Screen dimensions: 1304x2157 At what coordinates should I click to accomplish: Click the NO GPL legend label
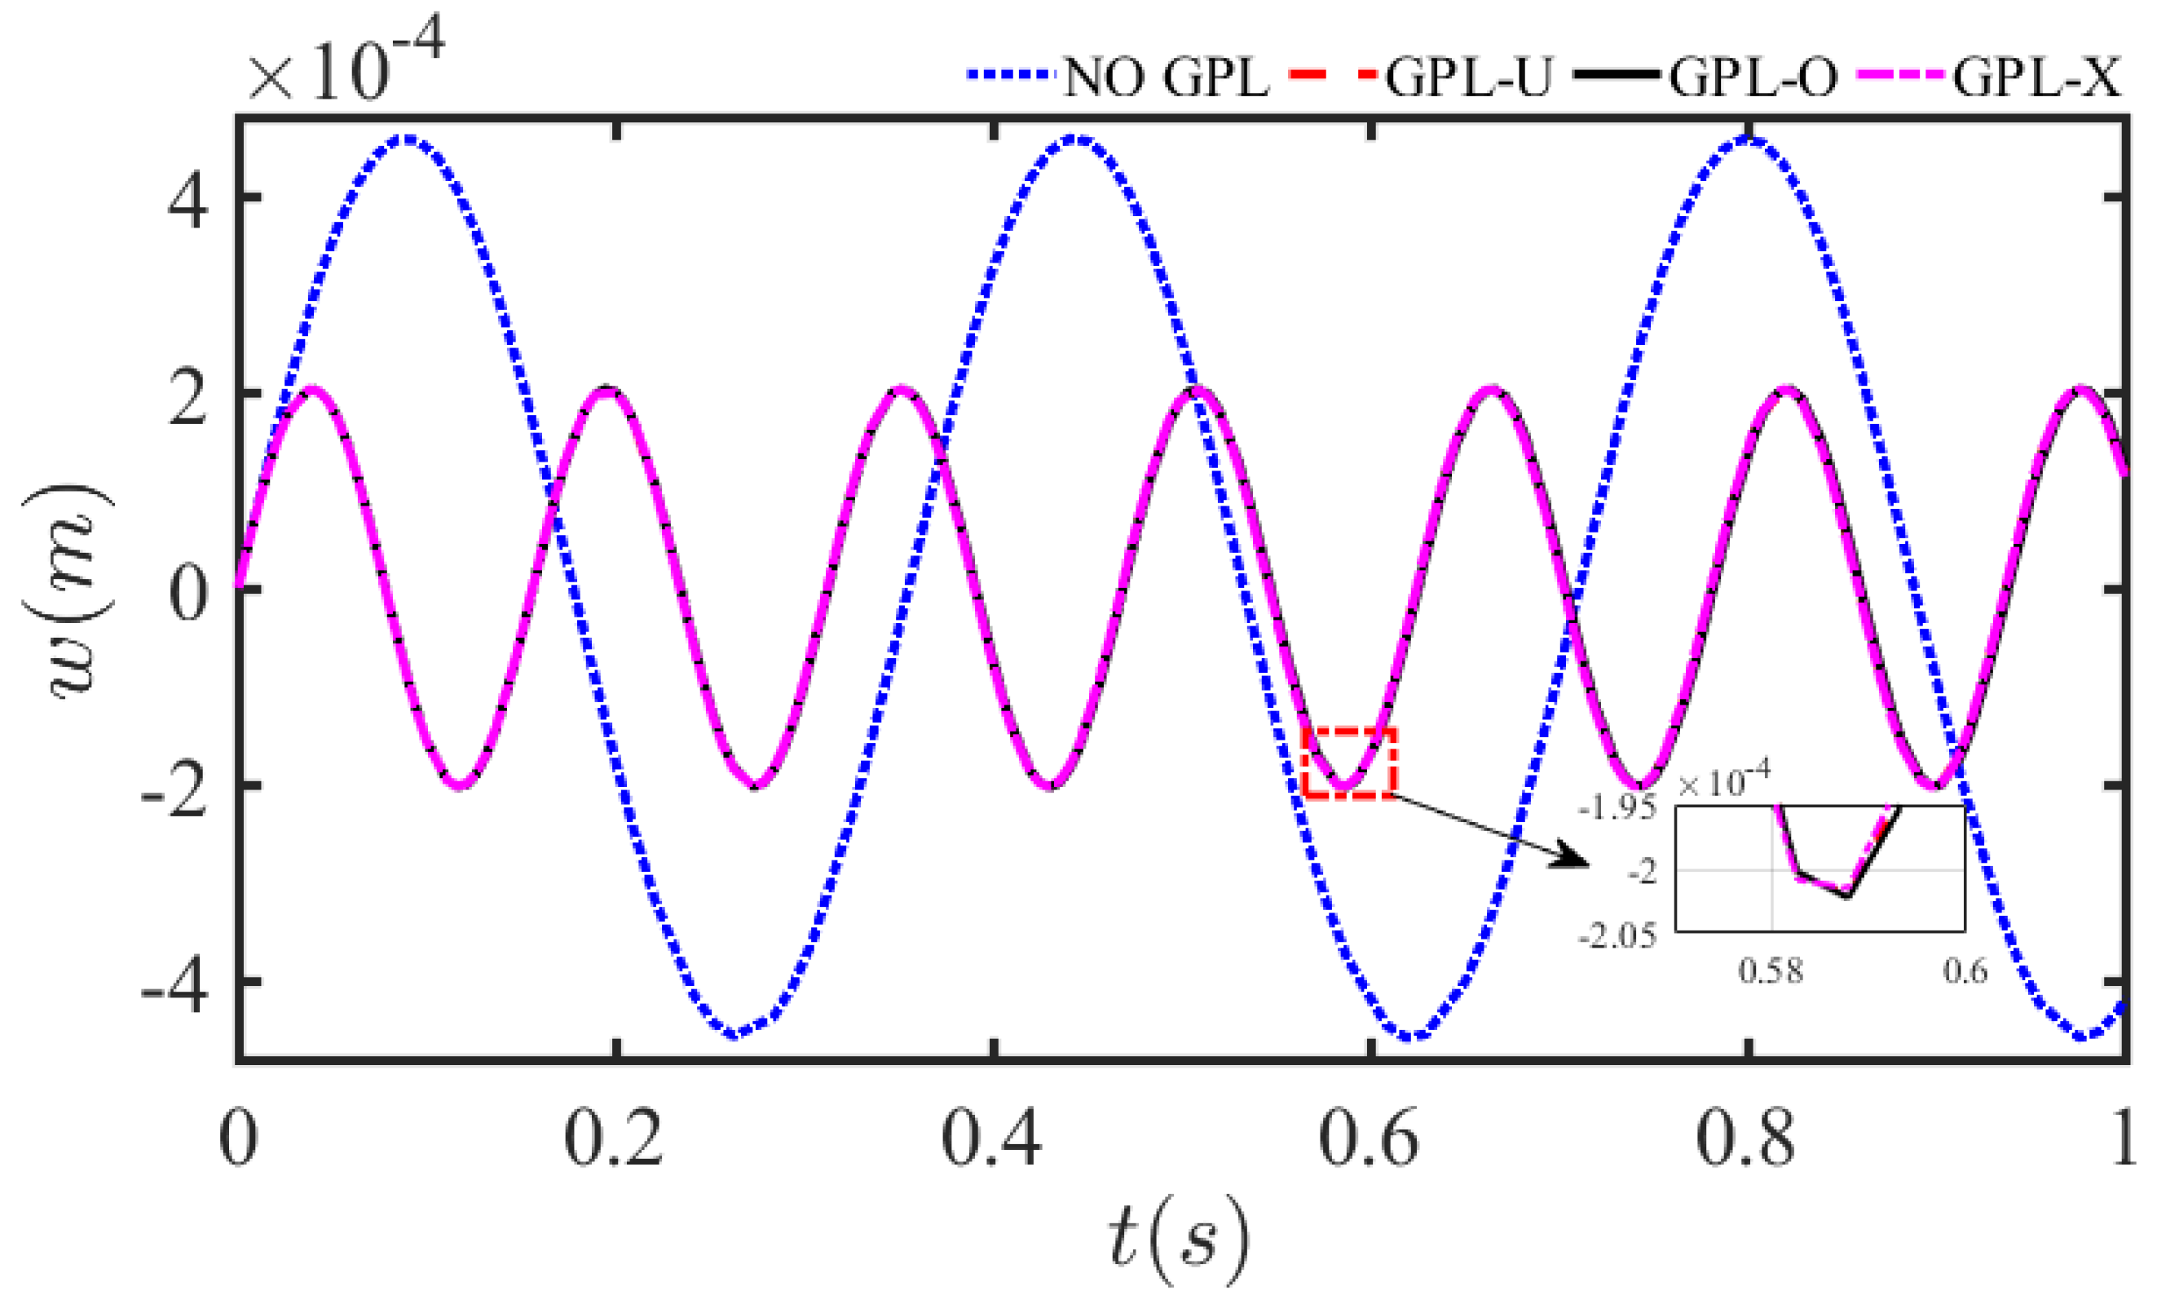pos(1165,77)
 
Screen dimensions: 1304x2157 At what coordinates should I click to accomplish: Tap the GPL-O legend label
pos(1753,77)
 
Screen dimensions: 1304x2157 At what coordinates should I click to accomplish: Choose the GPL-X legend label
pos(2037,77)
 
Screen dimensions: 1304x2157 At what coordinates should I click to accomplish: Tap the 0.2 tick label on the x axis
pos(614,1138)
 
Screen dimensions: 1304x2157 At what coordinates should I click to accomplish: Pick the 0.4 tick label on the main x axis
pos(992,1138)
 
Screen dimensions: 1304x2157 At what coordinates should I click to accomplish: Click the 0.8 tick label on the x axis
pos(1747,1138)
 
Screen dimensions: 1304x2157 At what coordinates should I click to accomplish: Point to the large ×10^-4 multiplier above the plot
pos(346,66)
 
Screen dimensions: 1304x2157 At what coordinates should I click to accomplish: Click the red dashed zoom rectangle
pos(1349,763)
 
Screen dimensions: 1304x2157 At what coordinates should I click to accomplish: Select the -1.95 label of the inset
pos(1617,808)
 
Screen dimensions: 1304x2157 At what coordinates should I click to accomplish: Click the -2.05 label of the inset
pos(1617,937)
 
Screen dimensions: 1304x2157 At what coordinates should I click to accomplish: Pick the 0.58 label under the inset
pos(1770,971)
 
